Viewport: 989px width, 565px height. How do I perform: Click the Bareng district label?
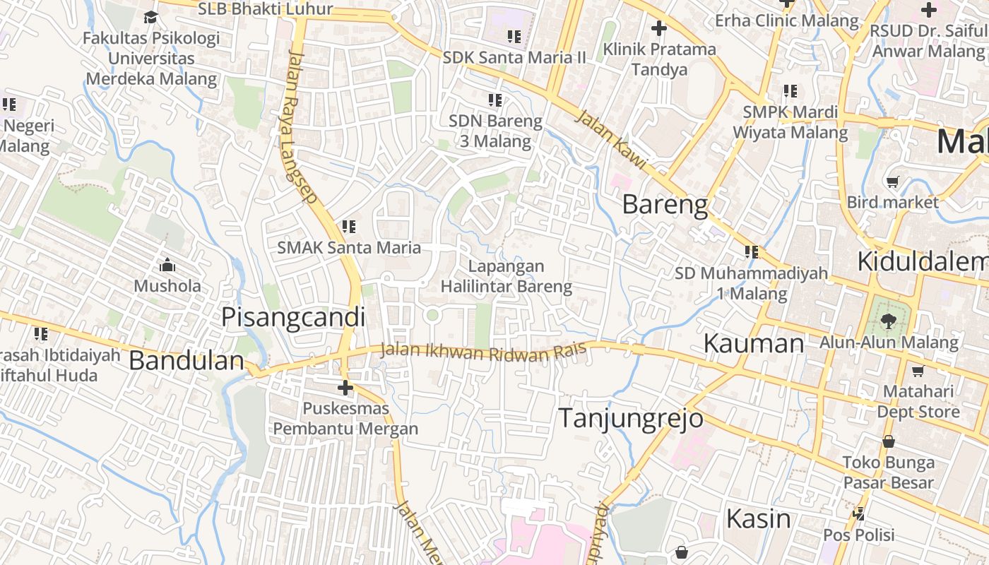665,205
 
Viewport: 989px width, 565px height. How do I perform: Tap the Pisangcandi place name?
293,318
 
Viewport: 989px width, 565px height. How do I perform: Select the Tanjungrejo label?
631,418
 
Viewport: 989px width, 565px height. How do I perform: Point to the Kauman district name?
754,344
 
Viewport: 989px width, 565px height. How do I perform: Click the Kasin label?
759,519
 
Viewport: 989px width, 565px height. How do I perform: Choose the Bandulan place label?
186,361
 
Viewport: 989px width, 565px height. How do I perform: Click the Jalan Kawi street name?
611,139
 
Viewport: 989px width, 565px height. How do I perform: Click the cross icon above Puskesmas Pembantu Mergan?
345,388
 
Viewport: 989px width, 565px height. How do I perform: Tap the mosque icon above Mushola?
167,266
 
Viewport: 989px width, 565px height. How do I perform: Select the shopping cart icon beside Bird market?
893,182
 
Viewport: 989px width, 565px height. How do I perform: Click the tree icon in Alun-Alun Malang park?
889,322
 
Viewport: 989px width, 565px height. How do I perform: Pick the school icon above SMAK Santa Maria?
348,227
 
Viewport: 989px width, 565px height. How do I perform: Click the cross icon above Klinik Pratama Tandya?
658,28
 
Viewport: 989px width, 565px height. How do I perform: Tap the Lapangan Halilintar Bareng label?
506,276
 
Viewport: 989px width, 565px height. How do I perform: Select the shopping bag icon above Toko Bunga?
888,442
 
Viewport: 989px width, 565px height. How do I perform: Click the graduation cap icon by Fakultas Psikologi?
150,17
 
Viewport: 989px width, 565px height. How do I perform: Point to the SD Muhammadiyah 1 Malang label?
750,283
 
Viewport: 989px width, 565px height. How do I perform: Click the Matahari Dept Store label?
918,401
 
